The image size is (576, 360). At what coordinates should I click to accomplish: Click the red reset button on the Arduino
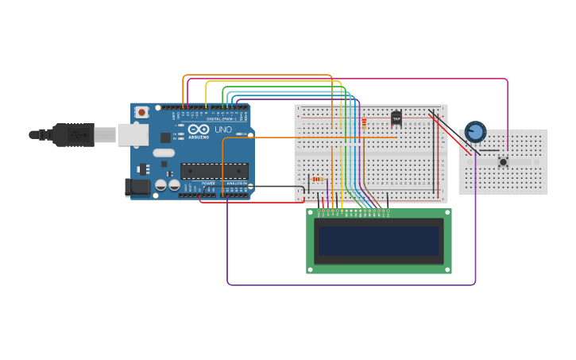pyautogui.click(x=141, y=112)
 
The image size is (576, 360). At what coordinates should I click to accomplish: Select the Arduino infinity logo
pyautogui.click(x=199, y=129)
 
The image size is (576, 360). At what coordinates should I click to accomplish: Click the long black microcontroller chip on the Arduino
pyautogui.click(x=214, y=171)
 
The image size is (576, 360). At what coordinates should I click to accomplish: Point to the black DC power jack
pyautogui.click(x=137, y=188)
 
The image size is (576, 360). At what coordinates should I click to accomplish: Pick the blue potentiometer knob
pyautogui.click(x=475, y=131)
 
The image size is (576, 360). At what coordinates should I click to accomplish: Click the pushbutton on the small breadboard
pyautogui.click(x=503, y=161)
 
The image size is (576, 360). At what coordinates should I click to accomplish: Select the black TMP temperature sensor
pyautogui.click(x=396, y=118)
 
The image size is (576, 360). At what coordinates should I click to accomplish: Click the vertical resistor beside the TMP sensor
pyautogui.click(x=364, y=123)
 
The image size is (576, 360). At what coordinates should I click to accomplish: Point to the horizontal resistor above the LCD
pyautogui.click(x=316, y=180)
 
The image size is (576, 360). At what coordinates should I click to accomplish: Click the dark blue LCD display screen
pyautogui.click(x=379, y=241)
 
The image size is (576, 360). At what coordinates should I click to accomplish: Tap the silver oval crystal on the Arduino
pyautogui.click(x=164, y=153)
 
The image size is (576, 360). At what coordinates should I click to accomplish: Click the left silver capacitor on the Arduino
pyautogui.click(x=161, y=184)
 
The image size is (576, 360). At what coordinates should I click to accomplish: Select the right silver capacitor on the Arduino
pyautogui.click(x=173, y=184)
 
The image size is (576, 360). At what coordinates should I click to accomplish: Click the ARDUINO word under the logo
pyautogui.click(x=199, y=137)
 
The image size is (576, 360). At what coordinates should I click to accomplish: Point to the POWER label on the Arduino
pyautogui.click(x=207, y=184)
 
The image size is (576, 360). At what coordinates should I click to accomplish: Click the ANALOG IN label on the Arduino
pyautogui.click(x=236, y=184)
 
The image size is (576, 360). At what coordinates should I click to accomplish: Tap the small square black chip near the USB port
pyautogui.click(x=165, y=137)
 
